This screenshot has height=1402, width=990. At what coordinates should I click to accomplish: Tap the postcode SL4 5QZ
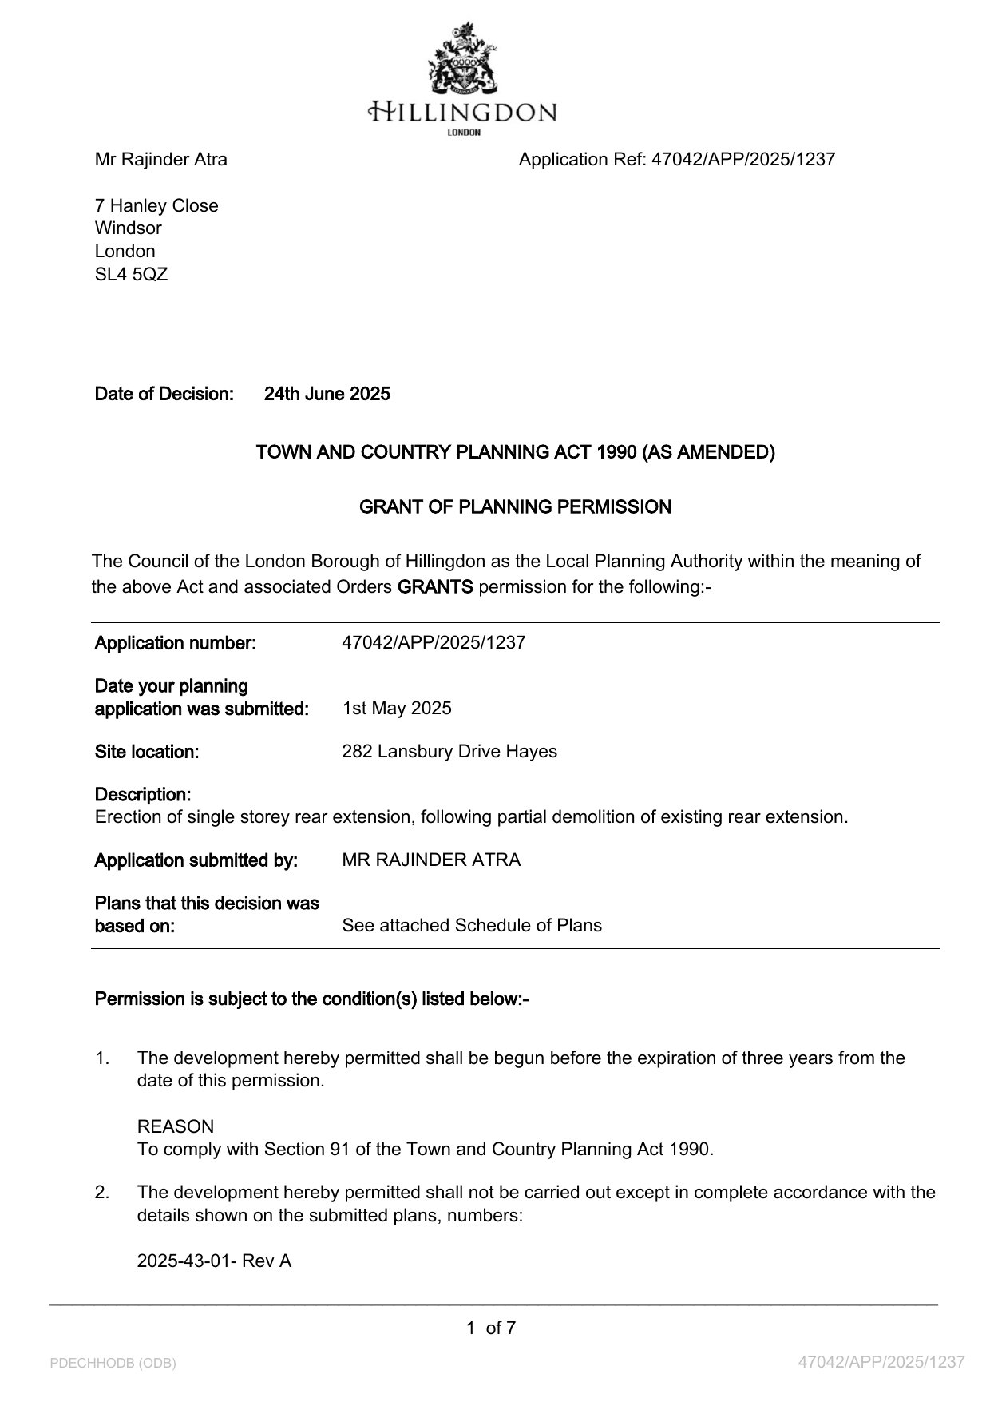[131, 274]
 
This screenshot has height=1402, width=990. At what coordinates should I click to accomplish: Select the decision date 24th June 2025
[327, 394]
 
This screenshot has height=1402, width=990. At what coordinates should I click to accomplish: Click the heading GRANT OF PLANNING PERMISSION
[515, 506]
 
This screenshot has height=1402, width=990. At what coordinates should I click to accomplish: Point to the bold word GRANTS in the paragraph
[435, 587]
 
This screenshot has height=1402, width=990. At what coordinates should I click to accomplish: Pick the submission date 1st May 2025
[397, 708]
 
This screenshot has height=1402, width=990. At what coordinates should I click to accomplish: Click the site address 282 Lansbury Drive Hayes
[449, 751]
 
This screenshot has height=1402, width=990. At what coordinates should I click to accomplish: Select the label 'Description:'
[143, 795]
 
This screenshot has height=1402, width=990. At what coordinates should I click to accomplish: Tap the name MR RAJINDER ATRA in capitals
[431, 860]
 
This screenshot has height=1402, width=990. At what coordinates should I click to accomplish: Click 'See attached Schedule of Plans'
[472, 925]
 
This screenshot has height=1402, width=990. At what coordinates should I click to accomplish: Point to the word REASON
[176, 1126]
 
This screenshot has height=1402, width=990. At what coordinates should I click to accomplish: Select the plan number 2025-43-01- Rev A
[214, 1261]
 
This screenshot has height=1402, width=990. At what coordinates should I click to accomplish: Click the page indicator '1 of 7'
[491, 1328]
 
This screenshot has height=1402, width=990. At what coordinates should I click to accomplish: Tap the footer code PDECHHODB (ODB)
[113, 1363]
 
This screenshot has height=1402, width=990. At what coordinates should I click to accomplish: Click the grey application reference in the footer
[881, 1362]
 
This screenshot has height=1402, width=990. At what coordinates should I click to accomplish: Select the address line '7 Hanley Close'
[156, 205]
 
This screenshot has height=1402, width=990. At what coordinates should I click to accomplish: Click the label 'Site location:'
[147, 752]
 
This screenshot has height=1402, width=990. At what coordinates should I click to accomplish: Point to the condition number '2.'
[102, 1192]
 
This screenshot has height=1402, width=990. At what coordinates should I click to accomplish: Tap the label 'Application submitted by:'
[196, 860]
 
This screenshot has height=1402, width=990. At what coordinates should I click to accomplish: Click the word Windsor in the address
[128, 228]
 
